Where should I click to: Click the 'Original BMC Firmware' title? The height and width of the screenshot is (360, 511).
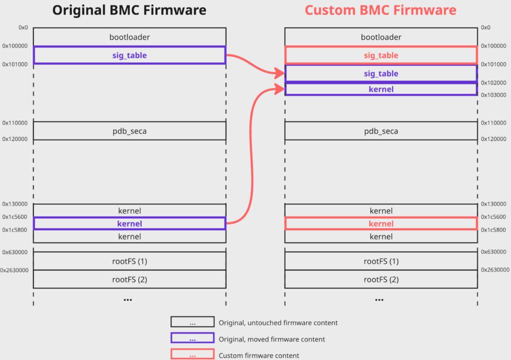129,10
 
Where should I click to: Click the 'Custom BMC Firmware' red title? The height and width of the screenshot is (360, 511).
380,10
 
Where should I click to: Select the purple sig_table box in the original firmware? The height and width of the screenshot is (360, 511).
129,55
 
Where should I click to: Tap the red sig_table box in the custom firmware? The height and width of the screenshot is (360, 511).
381,55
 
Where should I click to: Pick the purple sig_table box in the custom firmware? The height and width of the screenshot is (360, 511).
381,73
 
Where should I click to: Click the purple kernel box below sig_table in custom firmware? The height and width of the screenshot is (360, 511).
381,89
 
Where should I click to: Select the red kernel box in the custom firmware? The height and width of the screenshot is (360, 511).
381,224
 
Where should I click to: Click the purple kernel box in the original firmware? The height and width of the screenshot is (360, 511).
129,224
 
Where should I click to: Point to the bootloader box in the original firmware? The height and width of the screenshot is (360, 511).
129,37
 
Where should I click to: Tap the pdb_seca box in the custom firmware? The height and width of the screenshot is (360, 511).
381,131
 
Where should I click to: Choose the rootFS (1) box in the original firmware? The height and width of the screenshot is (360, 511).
129,262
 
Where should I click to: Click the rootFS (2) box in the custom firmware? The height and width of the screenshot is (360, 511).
381,280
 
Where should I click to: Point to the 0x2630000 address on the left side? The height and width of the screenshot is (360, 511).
14,270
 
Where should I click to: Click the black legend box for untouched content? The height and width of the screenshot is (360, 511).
192,323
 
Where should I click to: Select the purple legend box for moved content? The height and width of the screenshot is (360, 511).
192,339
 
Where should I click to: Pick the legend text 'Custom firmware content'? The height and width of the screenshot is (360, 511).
259,356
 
